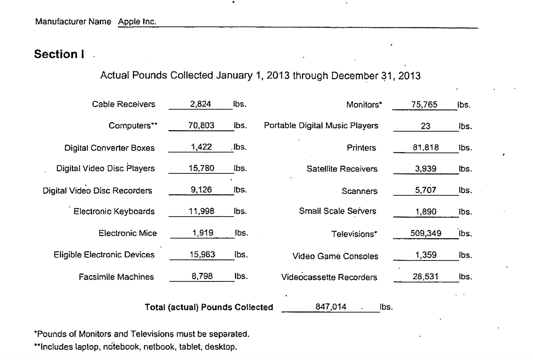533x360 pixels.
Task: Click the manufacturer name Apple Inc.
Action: [x=137, y=22]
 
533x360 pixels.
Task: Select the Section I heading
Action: [x=59, y=54]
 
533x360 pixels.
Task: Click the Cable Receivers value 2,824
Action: [x=200, y=104]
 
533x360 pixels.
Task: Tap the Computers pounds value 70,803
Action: [x=201, y=125]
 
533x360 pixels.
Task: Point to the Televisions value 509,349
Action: [x=426, y=233]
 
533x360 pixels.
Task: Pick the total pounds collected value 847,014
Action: [x=331, y=307]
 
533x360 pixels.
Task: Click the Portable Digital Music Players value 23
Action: [x=426, y=126]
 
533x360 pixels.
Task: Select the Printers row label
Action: [x=361, y=148]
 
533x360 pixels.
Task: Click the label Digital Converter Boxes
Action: [x=109, y=148]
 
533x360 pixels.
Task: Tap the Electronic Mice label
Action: [x=127, y=233]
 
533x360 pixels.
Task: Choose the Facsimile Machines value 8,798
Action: [x=202, y=276]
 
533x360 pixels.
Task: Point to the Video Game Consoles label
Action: [x=335, y=256]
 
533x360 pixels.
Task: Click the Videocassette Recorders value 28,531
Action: [x=426, y=277]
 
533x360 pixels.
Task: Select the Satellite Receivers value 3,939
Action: [x=426, y=169]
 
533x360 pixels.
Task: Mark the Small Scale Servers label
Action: [x=337, y=211]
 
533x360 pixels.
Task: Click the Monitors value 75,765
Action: [x=424, y=104]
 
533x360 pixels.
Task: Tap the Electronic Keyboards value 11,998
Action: [x=201, y=211]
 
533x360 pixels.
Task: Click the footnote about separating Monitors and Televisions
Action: [x=142, y=334]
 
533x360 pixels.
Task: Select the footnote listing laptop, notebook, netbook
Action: [x=135, y=347]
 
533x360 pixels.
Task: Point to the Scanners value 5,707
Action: [x=426, y=190]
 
